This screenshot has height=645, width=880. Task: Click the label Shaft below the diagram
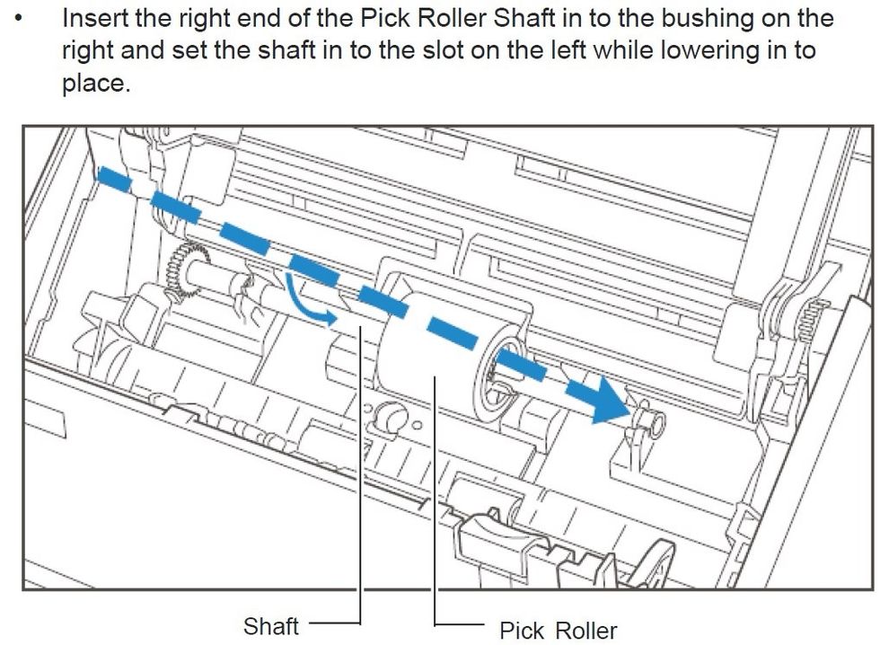[271, 625]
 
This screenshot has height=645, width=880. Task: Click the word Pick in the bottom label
[522, 631]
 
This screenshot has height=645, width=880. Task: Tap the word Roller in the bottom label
[587, 631]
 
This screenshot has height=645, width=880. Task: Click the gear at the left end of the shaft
[185, 269]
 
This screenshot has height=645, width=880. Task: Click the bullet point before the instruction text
[20, 19]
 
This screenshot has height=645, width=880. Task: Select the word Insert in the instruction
[95, 19]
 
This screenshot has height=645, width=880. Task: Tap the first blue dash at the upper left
[115, 180]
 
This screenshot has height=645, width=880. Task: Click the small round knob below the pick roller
[390, 418]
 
